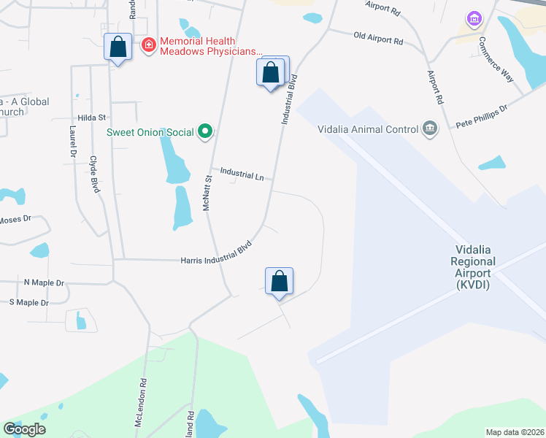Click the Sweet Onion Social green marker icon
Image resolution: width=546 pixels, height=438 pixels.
(x=206, y=132)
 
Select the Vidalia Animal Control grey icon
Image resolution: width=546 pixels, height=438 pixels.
(x=430, y=129)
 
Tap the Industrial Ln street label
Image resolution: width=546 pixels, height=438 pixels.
(x=242, y=174)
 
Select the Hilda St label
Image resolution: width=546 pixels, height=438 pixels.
(x=92, y=118)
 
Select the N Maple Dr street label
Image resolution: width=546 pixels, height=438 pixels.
(x=44, y=283)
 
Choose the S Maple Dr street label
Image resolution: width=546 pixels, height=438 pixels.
(x=28, y=302)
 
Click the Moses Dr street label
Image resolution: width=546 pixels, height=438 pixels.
(x=15, y=219)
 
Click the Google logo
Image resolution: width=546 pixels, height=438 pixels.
(x=24, y=429)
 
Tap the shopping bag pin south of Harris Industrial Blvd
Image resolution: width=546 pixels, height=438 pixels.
(x=279, y=281)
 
